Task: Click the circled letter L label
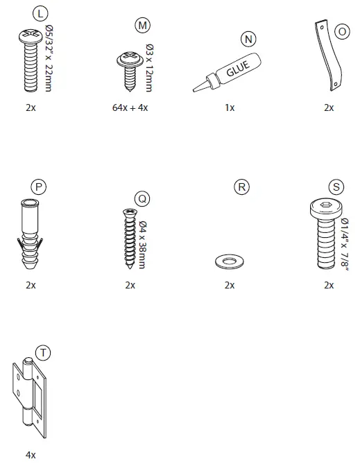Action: click(x=40, y=13)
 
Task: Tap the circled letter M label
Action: click(x=142, y=25)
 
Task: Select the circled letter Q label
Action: click(x=142, y=198)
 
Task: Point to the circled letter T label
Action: click(x=43, y=353)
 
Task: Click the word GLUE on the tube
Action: click(x=238, y=69)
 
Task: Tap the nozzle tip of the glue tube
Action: click(x=194, y=89)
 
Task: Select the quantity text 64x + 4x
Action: click(x=130, y=107)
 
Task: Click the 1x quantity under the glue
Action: click(x=230, y=107)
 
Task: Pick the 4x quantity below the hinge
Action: click(x=31, y=455)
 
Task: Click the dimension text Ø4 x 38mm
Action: click(x=142, y=245)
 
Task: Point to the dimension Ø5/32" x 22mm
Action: click(x=49, y=58)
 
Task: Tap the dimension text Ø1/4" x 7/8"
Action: click(x=345, y=244)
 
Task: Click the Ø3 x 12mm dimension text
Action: click(x=150, y=68)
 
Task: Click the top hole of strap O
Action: click(x=322, y=28)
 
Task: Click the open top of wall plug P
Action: click(x=29, y=204)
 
